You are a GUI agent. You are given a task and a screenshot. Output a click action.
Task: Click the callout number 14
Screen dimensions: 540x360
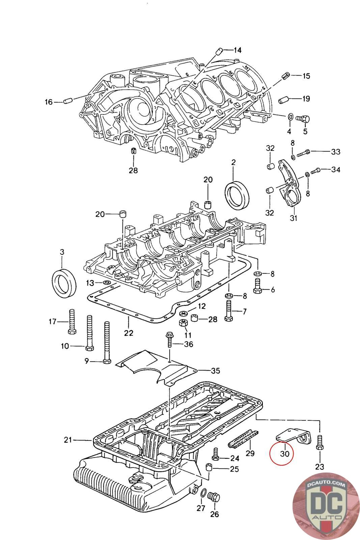click(x=238, y=50)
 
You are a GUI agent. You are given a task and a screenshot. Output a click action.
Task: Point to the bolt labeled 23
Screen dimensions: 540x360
click(x=320, y=442)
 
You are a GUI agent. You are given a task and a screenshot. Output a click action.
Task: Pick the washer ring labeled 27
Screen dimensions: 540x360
click(x=204, y=493)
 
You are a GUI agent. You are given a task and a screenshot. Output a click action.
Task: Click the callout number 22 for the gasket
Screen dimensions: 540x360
click(x=129, y=333)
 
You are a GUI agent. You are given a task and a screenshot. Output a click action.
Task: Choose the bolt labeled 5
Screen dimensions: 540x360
click(x=303, y=118)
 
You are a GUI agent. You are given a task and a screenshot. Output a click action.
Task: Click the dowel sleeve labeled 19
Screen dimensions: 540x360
click(x=283, y=100)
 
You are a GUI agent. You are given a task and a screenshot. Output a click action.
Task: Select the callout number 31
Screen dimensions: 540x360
click(x=294, y=218)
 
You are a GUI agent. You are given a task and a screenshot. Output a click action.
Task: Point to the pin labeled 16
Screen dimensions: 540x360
click(x=68, y=101)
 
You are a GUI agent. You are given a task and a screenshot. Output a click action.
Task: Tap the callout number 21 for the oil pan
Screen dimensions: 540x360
click(x=68, y=440)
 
